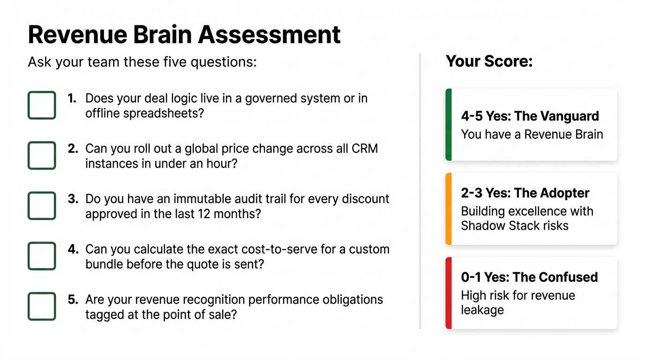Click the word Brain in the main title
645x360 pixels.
pyautogui.click(x=162, y=35)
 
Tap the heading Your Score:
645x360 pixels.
pyautogui.click(x=489, y=61)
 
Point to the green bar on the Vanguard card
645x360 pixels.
pyautogui.click(x=449, y=125)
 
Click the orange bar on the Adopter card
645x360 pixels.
pyautogui.click(x=449, y=209)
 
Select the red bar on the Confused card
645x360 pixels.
pyautogui.click(x=449, y=293)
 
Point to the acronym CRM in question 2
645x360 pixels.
pyautogui.click(x=365, y=149)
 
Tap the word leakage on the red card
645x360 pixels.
pyautogui.click(x=483, y=310)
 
